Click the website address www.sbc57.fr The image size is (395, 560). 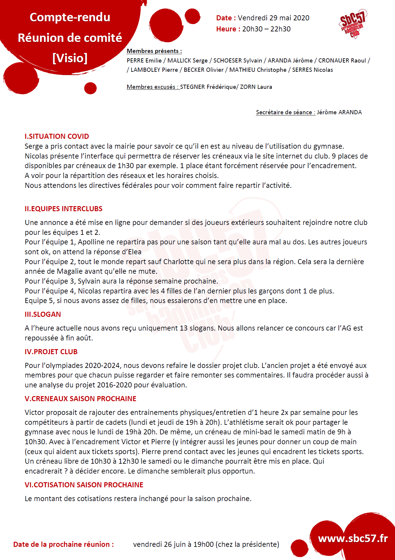coord(353,538)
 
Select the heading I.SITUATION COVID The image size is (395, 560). coord(57,136)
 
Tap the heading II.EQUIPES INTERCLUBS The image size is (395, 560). coord(63,209)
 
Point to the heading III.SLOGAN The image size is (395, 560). coord(43,314)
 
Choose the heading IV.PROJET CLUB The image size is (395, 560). coord(51,352)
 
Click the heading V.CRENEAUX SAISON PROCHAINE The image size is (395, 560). coord(80,399)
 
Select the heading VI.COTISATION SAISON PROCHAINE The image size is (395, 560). coord(84,485)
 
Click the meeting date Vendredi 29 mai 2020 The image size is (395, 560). coord(274,18)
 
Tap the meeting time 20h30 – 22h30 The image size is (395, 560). coord(266,29)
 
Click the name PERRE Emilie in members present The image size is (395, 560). coord(144,60)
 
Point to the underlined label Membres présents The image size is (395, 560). coord(154,51)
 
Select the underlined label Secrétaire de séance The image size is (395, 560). coord(285,112)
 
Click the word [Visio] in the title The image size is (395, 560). coord(70,58)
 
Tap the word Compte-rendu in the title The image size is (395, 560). coord(70,17)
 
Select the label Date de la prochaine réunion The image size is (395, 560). coord(63,544)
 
